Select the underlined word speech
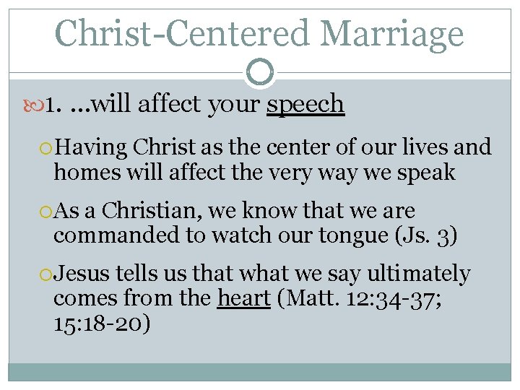coord(305,105)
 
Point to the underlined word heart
coord(244,298)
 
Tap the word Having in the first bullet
coord(91,148)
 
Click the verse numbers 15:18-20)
coord(102,322)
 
